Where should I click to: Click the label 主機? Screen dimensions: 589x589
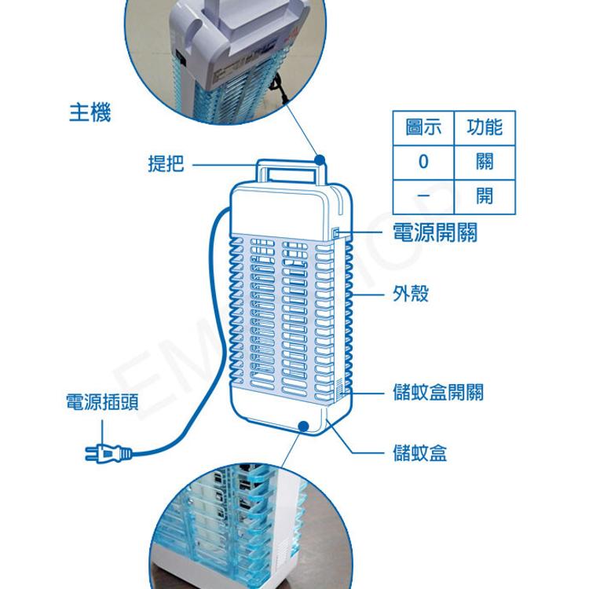90,113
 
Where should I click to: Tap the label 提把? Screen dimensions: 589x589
166,164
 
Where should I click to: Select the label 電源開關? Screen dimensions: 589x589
434,232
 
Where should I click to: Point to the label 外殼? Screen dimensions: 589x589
411,294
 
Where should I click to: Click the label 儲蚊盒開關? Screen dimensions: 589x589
438,392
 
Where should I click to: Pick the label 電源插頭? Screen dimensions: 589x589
102,404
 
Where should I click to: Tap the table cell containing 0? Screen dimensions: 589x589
423,162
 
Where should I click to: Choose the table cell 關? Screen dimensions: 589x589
484,162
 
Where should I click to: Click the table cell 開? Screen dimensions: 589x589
484,195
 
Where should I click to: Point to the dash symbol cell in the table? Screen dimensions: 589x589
423,195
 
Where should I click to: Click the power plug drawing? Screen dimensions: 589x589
107,452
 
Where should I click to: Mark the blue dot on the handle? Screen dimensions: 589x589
320,160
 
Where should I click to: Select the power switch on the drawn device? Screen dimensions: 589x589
335,232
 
